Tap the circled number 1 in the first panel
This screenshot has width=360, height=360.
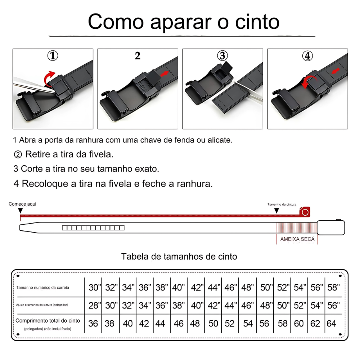tap(53, 56)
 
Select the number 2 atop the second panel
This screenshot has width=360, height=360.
tap(138, 56)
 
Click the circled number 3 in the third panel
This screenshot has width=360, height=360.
tap(222, 56)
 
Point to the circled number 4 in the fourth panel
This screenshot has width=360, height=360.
tap(307, 56)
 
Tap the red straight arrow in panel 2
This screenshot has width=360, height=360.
tap(165, 74)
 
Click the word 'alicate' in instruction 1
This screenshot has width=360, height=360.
tap(220, 140)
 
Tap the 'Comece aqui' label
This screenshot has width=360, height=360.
tap(22, 204)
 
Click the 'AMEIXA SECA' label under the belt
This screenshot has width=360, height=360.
tap(297, 239)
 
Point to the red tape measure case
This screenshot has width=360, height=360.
tap(305, 212)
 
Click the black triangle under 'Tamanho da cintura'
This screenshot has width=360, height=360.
tap(276, 211)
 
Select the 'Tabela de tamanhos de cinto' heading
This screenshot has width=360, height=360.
tap(179, 256)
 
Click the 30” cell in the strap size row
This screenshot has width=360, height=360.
tap(95, 287)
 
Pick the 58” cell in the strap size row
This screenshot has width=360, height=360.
tap(333, 287)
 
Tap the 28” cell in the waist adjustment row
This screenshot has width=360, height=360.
tap(95, 305)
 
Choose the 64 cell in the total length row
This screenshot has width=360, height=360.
tap(331, 324)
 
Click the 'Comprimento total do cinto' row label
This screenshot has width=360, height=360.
tap(48, 321)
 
